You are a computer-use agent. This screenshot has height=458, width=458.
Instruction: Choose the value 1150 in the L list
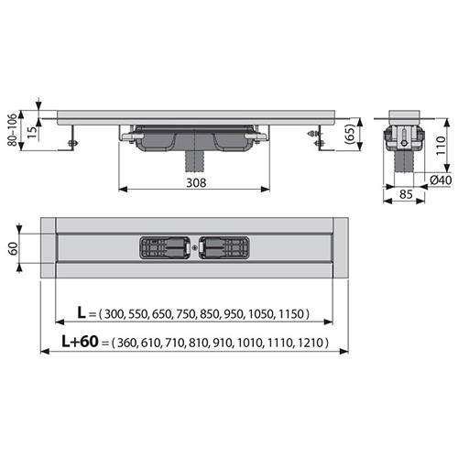[290, 314]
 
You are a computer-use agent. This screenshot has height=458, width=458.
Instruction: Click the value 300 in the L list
[116, 314]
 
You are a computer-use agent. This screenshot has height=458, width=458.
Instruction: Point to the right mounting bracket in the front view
[321, 138]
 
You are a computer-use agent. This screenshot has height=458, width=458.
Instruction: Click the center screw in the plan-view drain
[195, 247]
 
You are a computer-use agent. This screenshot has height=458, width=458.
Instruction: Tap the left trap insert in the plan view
[164, 247]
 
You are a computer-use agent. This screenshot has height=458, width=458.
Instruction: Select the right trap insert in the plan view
[225, 247]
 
